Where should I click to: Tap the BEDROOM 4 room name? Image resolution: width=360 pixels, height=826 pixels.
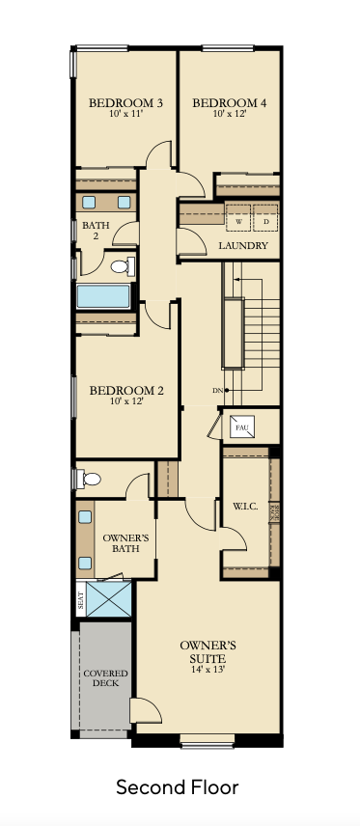pyautogui.click(x=229, y=102)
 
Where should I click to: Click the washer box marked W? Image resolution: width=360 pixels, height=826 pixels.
pyautogui.click(x=236, y=219)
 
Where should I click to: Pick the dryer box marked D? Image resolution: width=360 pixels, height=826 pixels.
pyautogui.click(x=264, y=219)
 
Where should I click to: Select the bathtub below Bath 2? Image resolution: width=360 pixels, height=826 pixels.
pyautogui.click(x=103, y=296)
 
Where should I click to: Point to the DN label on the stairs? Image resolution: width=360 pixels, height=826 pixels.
pyautogui.click(x=218, y=390)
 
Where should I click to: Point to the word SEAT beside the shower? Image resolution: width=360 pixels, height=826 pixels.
pyautogui.click(x=80, y=600)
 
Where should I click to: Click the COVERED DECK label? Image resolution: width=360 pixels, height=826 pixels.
pyautogui.click(x=101, y=678)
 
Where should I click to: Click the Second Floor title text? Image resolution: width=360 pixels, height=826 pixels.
pyautogui.click(x=178, y=787)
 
